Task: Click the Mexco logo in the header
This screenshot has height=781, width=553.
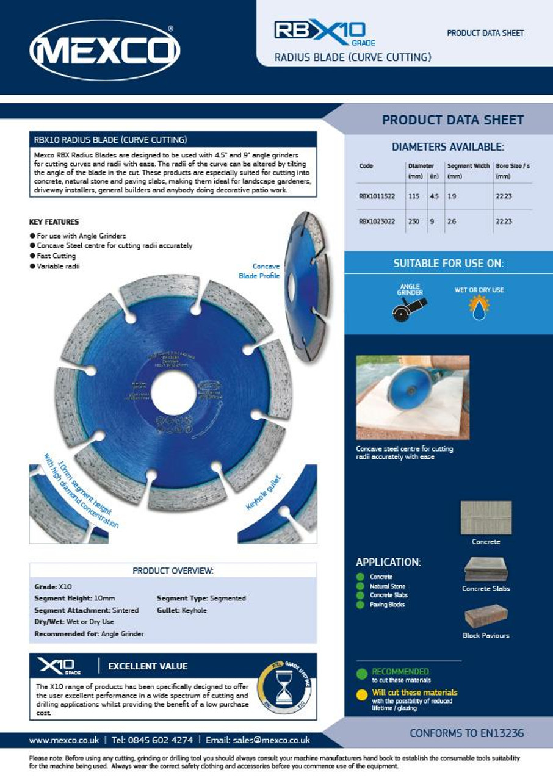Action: [x=104, y=49]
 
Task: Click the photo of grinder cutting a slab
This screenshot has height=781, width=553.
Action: [x=413, y=397]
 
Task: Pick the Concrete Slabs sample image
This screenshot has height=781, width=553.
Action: [x=486, y=569]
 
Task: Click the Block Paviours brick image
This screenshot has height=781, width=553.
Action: [x=486, y=616]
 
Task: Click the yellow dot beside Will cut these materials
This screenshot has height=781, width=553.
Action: [x=362, y=693]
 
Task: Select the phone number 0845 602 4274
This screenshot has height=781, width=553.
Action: [x=160, y=740]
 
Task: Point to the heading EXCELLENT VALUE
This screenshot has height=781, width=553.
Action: [x=148, y=666]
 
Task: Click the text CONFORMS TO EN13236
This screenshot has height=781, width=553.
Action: [x=466, y=733]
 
